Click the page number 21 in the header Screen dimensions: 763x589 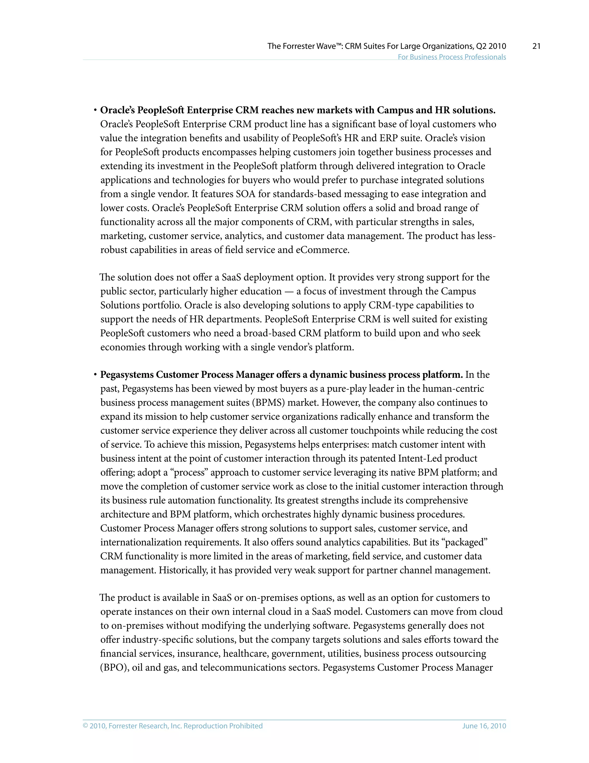(x=536, y=46)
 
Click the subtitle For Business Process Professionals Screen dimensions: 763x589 (x=452, y=57)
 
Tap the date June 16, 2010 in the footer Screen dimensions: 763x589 (x=484, y=726)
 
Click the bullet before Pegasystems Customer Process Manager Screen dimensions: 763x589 (x=95, y=375)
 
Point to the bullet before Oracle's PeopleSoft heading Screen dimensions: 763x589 (x=95, y=110)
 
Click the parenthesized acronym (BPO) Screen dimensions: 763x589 (x=115, y=668)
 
